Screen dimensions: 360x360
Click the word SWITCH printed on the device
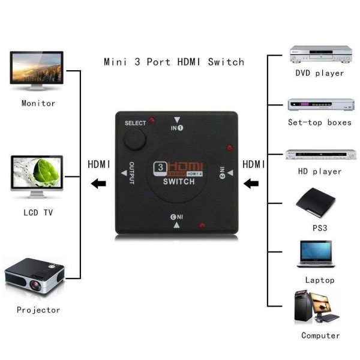[178, 182]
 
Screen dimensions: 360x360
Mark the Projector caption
[38, 310]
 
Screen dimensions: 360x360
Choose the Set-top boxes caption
[319, 122]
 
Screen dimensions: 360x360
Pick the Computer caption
[320, 335]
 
